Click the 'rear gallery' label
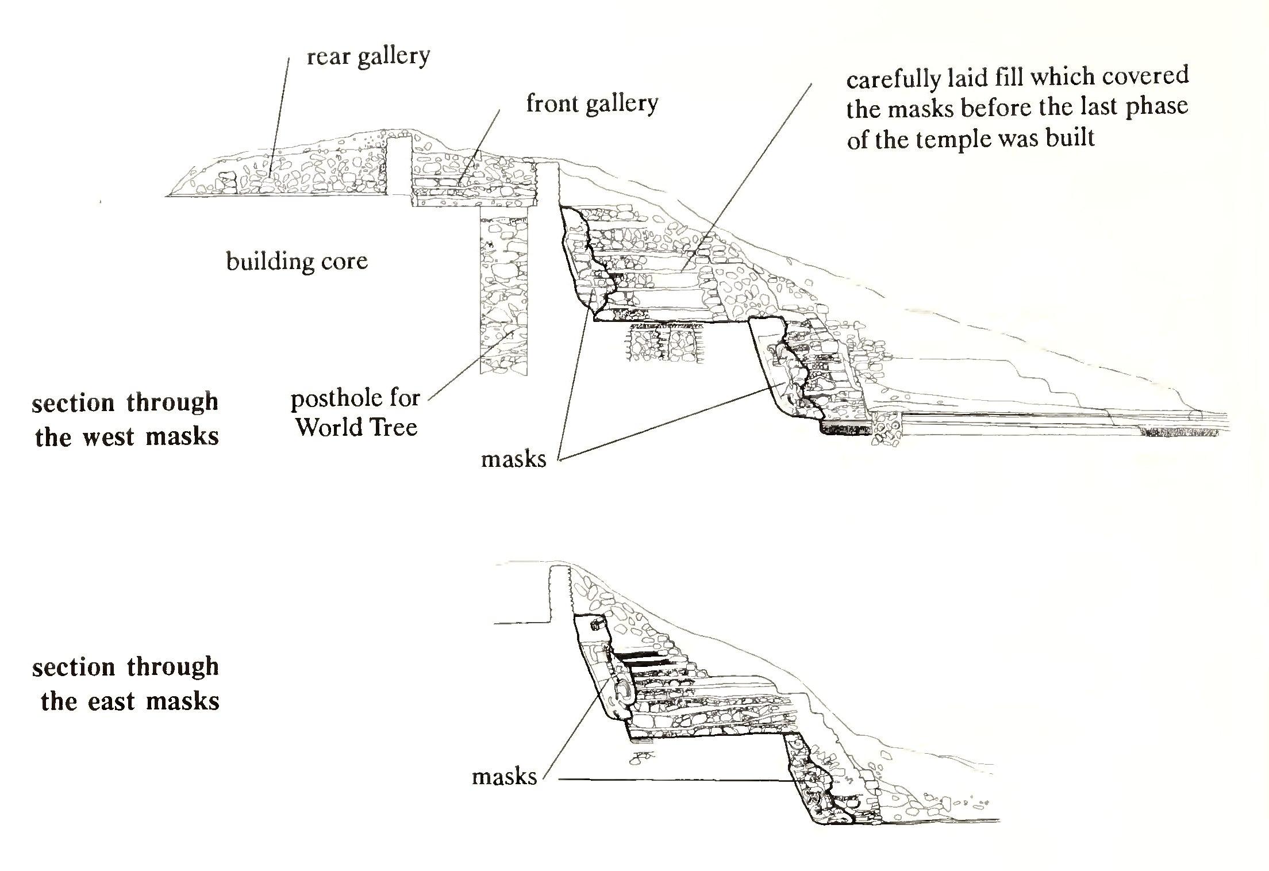(368, 57)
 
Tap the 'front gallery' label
(591, 104)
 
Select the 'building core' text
(297, 262)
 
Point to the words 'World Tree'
(356, 427)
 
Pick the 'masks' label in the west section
(513, 459)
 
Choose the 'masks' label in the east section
(504, 777)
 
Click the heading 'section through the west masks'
(126, 419)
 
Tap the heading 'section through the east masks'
(126, 684)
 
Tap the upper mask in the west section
(586, 264)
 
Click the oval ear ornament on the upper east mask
(624, 692)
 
